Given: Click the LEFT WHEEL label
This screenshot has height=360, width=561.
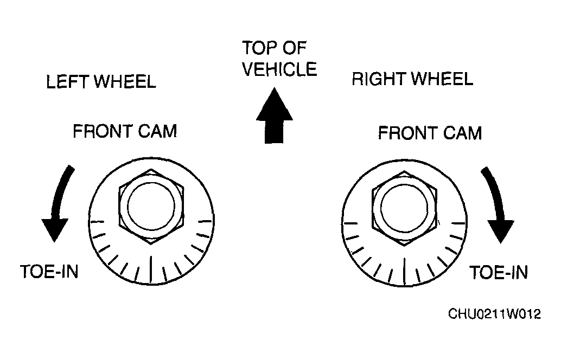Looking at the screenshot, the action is pos(101,82).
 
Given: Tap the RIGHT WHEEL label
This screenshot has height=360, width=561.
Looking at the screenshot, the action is pos(412,79).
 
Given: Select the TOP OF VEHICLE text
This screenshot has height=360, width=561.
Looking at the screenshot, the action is pos(279,58).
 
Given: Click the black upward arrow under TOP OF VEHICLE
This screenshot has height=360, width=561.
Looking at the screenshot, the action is pos(275,115).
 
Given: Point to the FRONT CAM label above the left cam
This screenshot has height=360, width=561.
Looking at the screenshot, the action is pos(125,131).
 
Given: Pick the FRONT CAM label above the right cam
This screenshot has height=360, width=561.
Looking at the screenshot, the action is pos(430,133).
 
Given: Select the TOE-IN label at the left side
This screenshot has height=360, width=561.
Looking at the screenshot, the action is pos(49,272).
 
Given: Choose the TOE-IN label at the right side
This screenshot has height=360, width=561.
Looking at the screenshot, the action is pos(499,273).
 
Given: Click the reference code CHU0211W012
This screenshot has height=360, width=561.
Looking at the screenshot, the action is pos(494,314).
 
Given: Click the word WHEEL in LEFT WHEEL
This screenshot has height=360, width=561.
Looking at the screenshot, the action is pos(125,82).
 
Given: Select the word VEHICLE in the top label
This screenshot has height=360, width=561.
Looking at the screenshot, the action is pos(279,69).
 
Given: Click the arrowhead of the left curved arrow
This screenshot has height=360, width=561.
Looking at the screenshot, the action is pos(55,229).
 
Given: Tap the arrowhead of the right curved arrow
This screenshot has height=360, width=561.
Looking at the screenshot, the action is pos(501,232).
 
